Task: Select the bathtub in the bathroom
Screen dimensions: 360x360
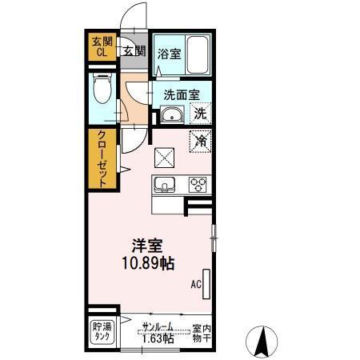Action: pyautogui.click(x=197, y=54)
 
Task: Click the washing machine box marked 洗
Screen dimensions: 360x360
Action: pyautogui.click(x=201, y=113)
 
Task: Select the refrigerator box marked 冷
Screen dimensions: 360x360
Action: pyautogui.click(x=200, y=141)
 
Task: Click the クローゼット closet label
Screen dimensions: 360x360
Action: pyautogui.click(x=102, y=158)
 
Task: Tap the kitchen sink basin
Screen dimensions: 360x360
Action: pyautogui.click(x=165, y=184)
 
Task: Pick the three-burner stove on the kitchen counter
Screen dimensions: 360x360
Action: pyautogui.click(x=198, y=184)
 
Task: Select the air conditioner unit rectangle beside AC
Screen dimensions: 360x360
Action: pyautogui.click(x=208, y=284)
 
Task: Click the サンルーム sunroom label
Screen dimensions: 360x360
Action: pyautogui.click(x=158, y=326)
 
